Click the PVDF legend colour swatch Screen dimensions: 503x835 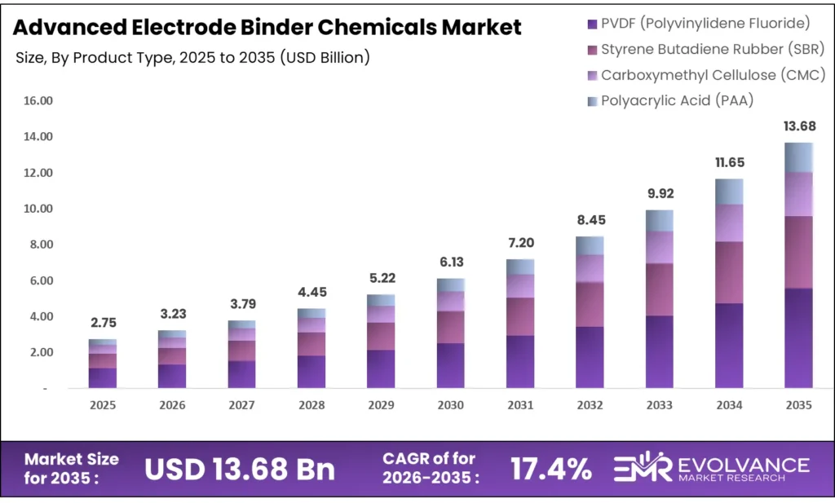(x=593, y=22)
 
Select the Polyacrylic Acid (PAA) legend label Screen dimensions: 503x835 (x=677, y=101)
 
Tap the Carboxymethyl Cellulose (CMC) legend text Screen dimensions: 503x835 (x=713, y=75)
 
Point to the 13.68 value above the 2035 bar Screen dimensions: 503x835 (x=798, y=126)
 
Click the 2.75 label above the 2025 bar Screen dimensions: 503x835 (x=103, y=323)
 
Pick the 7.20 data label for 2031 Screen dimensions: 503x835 (x=520, y=243)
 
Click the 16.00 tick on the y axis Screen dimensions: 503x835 (x=38, y=101)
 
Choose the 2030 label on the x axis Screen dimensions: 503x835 (x=450, y=405)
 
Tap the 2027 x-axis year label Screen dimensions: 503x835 (x=242, y=405)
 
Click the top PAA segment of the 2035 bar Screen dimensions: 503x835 (x=798, y=157)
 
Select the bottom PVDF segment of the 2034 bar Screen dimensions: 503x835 (x=729, y=346)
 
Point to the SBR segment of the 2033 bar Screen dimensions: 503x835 (x=660, y=289)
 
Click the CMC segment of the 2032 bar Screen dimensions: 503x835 (x=590, y=268)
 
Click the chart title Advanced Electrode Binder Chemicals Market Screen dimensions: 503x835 (x=267, y=27)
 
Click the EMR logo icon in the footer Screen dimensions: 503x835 (x=642, y=468)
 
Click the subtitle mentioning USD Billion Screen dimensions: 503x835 (x=193, y=58)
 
